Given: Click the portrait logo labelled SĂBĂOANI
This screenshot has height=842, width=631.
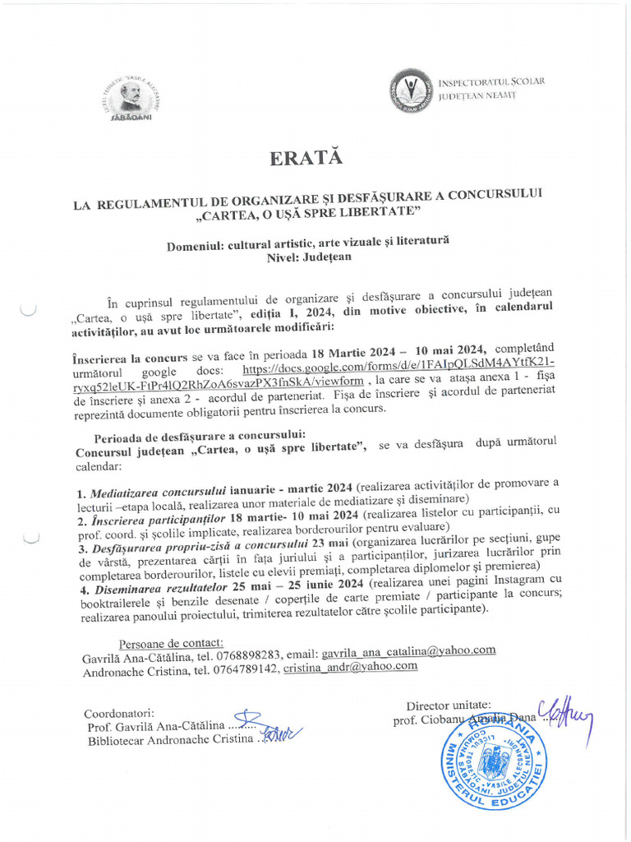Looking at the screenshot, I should (x=131, y=97).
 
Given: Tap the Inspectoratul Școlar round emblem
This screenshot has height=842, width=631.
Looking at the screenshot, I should (x=408, y=90).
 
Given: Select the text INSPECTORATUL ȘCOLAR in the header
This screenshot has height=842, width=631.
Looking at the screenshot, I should (x=491, y=82).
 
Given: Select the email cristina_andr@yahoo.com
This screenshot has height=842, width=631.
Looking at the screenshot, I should (x=350, y=667).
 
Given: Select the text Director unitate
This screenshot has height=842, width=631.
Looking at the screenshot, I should (x=449, y=705).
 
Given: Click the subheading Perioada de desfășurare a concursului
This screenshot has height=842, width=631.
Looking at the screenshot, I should (x=200, y=434).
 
